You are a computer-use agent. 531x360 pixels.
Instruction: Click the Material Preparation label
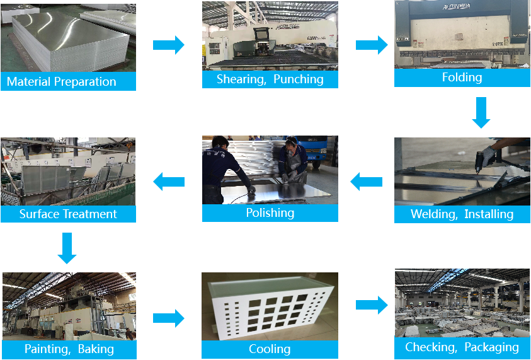coord(62,81)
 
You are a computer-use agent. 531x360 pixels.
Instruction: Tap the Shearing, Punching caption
coord(270,79)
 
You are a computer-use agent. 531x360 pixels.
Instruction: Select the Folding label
coord(462,78)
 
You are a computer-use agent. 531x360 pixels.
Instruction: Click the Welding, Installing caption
coord(462,214)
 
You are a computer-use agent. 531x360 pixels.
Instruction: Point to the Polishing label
coord(270,212)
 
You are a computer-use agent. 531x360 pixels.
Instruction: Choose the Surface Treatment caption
coord(68,214)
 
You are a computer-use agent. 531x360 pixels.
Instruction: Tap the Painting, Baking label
coord(69,349)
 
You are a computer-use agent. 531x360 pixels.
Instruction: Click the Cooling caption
coord(270,349)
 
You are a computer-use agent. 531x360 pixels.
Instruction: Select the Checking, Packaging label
coord(462,347)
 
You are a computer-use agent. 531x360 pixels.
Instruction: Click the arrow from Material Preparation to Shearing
coord(168,45)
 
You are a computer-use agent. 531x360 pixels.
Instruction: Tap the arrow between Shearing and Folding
coord(372,45)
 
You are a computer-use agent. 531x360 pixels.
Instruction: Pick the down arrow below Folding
coord(481,113)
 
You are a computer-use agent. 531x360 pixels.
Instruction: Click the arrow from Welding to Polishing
coord(366,182)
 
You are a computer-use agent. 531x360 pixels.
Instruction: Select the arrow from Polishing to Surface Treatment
coord(169,182)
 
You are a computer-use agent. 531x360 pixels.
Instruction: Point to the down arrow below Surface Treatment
coord(67,248)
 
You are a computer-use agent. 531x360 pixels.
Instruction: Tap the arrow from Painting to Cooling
coord(168,318)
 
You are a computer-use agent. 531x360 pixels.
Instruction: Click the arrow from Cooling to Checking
coord(372,305)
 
